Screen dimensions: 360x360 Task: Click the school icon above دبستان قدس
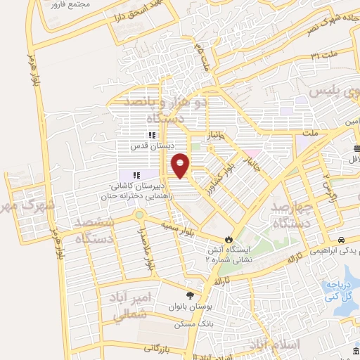tap(151, 135)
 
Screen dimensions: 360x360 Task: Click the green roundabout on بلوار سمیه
tap(139, 214)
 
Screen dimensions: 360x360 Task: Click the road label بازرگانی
tap(158, 347)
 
